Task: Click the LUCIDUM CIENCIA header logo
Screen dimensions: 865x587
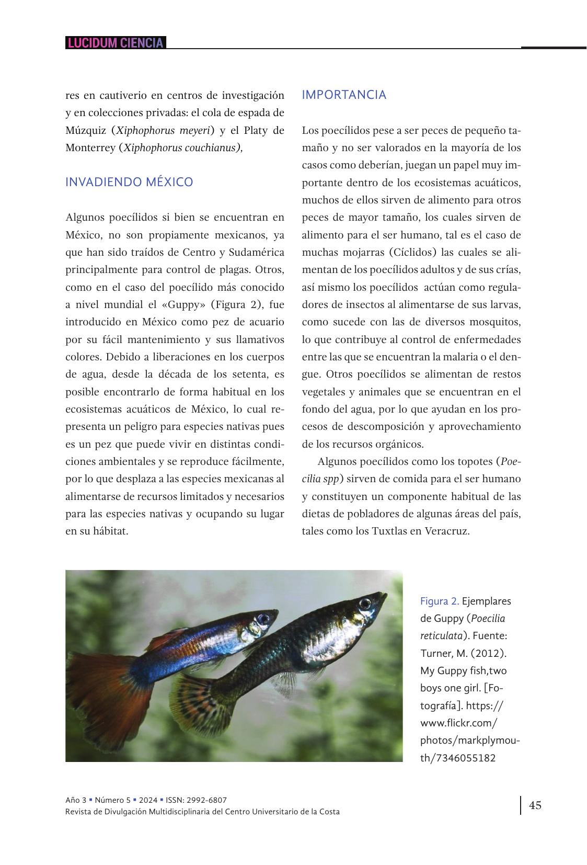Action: coord(116,43)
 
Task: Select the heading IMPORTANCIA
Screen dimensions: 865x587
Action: coord(344,95)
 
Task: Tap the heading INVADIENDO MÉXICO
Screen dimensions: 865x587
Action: coord(129,183)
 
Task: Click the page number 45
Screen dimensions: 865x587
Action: coord(535,805)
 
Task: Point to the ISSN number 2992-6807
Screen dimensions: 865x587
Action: coord(208,800)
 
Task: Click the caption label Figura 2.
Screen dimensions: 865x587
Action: coord(439,601)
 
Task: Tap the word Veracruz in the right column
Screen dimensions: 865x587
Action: coord(447,531)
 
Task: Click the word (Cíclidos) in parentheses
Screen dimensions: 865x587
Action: coord(412,253)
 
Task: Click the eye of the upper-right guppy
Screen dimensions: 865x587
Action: coord(365,604)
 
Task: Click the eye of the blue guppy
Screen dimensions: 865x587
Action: coord(263,619)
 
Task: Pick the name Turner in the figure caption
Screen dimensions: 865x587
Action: coord(434,653)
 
